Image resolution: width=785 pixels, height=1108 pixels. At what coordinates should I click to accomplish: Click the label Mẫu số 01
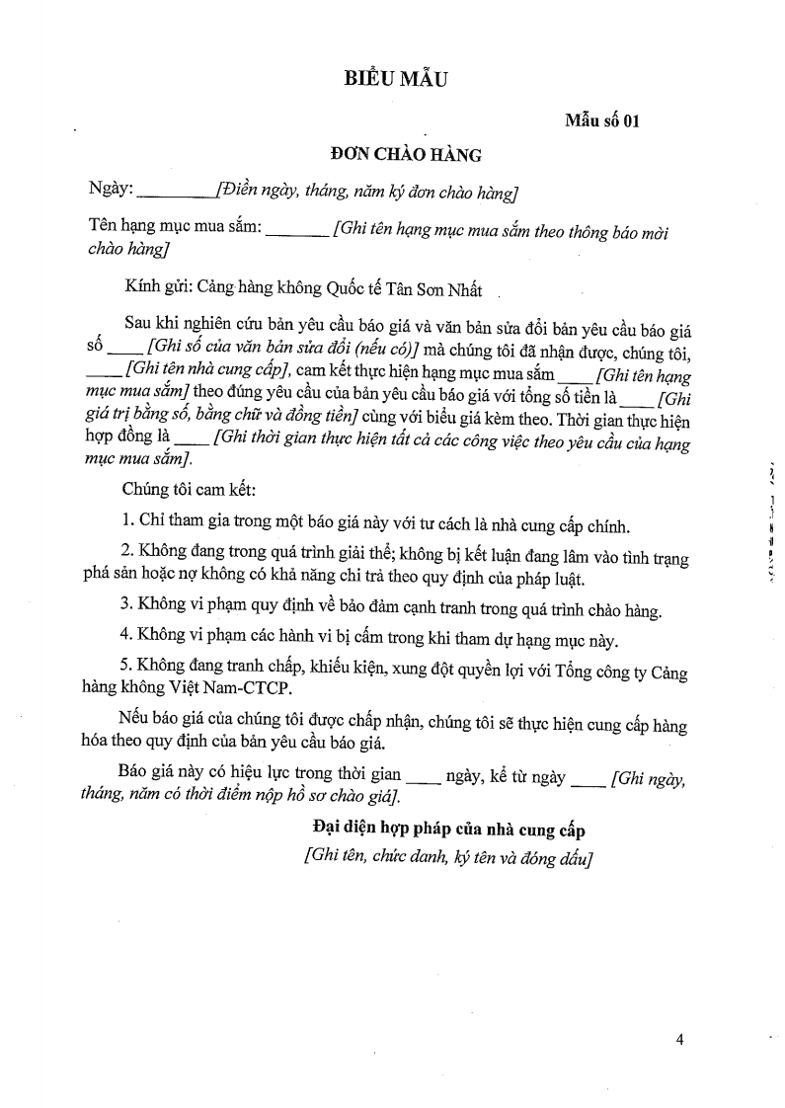point(602,121)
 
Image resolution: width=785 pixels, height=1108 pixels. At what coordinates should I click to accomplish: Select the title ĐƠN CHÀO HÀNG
point(406,155)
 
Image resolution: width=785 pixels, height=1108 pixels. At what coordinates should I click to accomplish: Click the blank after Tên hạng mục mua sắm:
point(297,229)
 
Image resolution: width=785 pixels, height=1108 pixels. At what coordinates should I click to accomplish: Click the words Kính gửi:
point(158,289)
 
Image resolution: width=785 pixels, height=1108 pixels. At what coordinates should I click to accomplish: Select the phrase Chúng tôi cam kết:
point(191,489)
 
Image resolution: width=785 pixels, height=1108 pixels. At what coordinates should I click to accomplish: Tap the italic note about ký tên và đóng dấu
point(448,856)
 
